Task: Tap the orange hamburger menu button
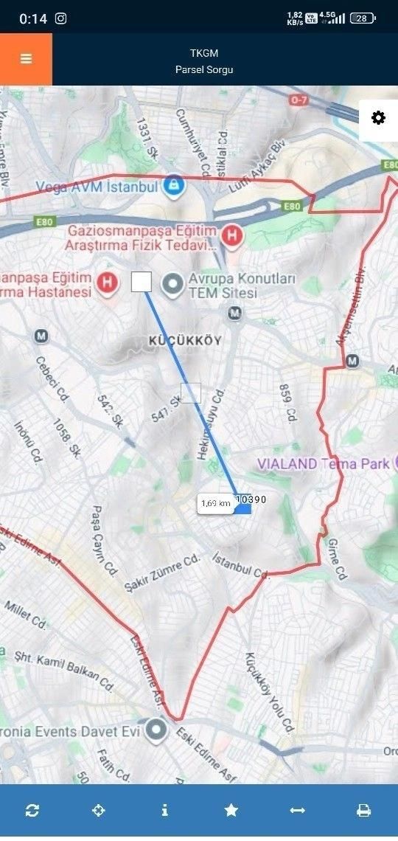[x=26, y=59]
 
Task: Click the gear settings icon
[x=378, y=118]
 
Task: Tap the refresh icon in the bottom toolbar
[x=32, y=810]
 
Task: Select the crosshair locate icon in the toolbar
[x=98, y=810]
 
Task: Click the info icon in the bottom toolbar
[x=164, y=810]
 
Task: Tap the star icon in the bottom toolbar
[x=231, y=810]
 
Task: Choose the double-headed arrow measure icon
[x=297, y=810]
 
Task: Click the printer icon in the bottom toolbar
[x=363, y=810]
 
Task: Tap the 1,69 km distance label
[x=215, y=504]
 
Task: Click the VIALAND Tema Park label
[x=324, y=464]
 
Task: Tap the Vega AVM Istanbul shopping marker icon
[x=173, y=184]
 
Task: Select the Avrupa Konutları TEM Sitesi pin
[x=173, y=283]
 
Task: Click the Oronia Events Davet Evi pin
[x=156, y=730]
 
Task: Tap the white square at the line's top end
[x=142, y=281]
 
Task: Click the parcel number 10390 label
[x=251, y=499]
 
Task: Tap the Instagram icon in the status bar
[x=61, y=18]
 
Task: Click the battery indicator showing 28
[x=362, y=18]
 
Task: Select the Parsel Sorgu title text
[x=204, y=69]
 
